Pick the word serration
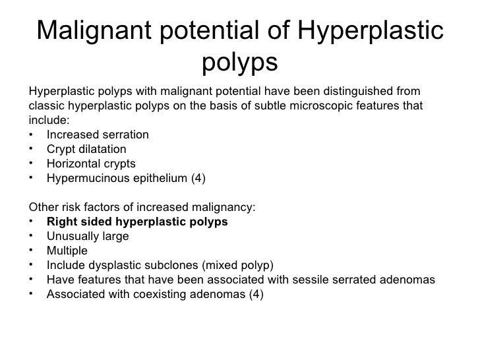[x=125, y=135]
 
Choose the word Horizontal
[x=71, y=164]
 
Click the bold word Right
[x=61, y=222]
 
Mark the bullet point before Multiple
[x=32, y=251]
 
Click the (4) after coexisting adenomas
[x=255, y=294]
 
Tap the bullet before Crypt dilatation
[x=32, y=149]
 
